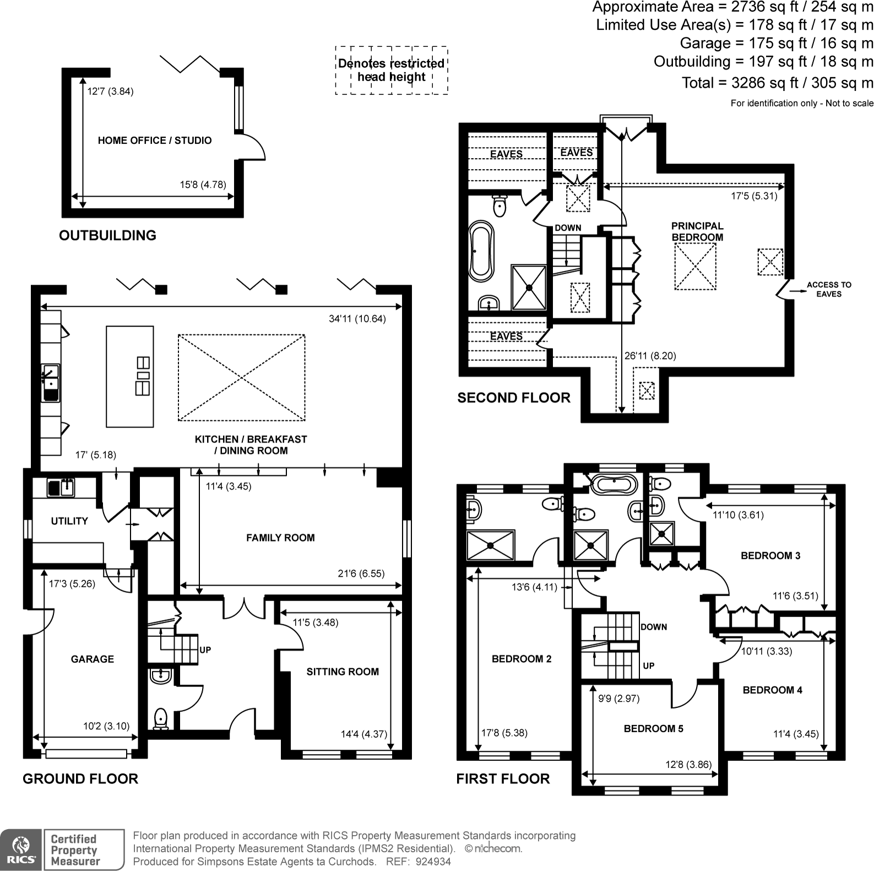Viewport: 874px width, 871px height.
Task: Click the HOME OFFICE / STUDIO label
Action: [x=154, y=140]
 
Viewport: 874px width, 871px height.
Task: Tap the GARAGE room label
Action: [x=92, y=659]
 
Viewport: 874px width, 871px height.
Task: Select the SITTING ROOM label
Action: [x=342, y=672]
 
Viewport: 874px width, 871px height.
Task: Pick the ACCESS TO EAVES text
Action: [x=828, y=289]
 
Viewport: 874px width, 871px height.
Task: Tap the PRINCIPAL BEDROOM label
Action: [x=697, y=231]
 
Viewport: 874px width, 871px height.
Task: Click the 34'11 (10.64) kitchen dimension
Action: [x=357, y=318]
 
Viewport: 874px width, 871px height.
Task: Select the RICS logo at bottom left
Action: [x=20, y=849]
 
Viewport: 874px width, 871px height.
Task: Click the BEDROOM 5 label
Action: [x=653, y=728]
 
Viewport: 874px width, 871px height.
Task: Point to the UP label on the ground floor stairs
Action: [x=205, y=650]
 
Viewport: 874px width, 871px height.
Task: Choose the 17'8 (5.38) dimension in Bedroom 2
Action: [x=504, y=733]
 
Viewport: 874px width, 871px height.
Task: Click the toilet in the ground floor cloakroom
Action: [x=160, y=718]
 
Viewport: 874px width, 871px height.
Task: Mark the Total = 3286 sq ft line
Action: [x=777, y=83]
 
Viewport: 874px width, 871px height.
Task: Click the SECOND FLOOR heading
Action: [x=513, y=398]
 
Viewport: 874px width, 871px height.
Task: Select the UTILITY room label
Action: [x=69, y=521]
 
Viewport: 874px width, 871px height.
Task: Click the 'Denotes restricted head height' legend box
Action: [x=391, y=71]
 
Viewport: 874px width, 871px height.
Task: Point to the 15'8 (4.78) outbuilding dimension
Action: [x=203, y=185]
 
